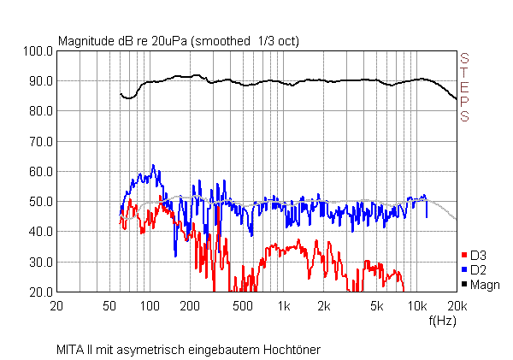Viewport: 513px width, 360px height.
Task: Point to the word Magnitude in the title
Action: (85, 41)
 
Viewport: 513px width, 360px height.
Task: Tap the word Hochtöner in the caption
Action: (292, 350)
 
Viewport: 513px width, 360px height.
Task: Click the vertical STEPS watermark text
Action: (465, 87)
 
